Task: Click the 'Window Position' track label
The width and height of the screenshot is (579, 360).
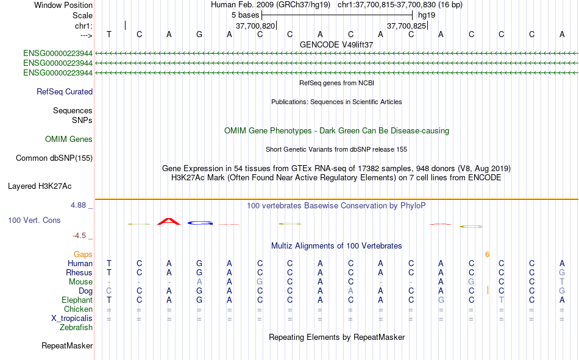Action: [x=63, y=5]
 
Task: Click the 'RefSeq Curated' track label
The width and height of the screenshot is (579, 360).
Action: [x=65, y=91]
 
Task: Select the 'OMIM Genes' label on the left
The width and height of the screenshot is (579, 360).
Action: [x=69, y=139]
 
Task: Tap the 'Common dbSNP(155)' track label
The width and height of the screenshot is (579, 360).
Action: [x=54, y=158]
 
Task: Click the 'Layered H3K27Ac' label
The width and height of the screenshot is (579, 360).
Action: [x=40, y=186]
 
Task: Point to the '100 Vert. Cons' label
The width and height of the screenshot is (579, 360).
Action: [x=34, y=221]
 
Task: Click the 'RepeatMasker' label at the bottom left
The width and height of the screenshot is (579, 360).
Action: [x=67, y=346]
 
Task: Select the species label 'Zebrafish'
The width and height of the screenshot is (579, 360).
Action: [x=76, y=328]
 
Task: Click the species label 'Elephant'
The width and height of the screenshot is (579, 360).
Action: [x=77, y=300]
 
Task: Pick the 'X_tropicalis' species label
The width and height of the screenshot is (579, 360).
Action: [x=72, y=319]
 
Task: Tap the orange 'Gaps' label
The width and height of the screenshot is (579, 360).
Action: [x=83, y=255]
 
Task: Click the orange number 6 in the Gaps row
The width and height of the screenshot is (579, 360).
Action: [x=488, y=255]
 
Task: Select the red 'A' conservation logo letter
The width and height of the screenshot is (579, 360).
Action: [x=169, y=221]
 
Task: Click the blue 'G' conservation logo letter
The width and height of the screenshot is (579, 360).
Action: [x=200, y=223]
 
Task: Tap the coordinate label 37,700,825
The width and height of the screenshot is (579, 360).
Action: [x=407, y=26]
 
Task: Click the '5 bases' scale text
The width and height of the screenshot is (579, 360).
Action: [x=246, y=15]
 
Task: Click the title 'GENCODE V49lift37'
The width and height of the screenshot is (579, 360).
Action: [x=336, y=44]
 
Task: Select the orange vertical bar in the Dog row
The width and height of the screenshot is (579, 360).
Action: [x=488, y=290]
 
